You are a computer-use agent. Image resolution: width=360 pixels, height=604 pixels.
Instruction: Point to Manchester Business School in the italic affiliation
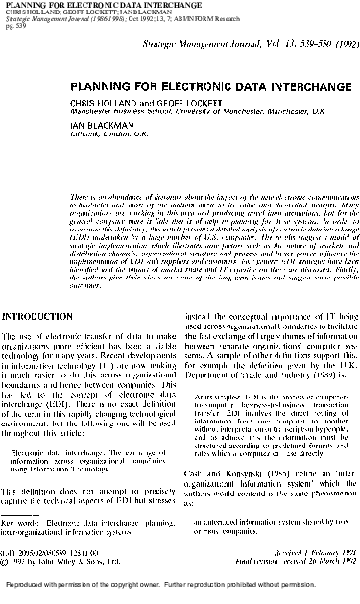tap(110, 109)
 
